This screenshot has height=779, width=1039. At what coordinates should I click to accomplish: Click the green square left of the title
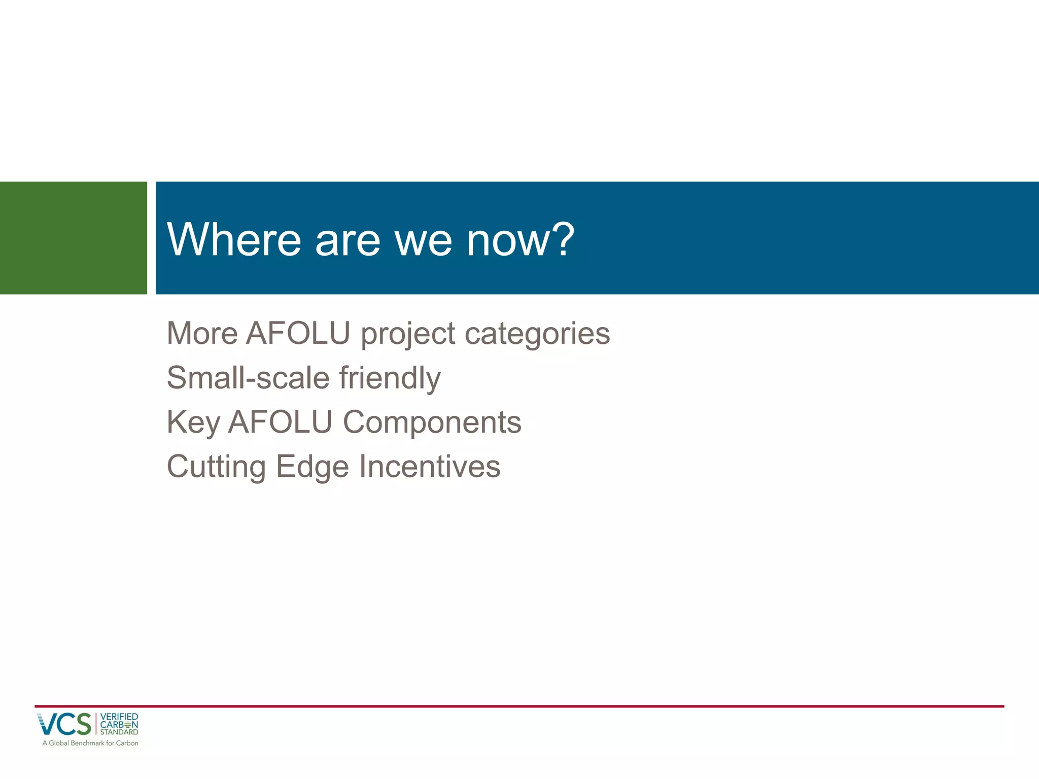(74, 238)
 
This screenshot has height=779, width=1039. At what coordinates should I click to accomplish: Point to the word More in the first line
(202, 334)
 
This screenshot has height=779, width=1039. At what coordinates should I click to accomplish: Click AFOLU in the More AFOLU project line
(298, 334)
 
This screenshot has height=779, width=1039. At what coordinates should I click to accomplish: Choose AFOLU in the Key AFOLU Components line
(280, 422)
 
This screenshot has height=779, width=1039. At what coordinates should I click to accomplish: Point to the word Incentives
(430, 467)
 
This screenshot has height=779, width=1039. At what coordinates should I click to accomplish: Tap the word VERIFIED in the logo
(119, 717)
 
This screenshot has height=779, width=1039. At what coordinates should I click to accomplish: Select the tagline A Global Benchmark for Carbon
(90, 743)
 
